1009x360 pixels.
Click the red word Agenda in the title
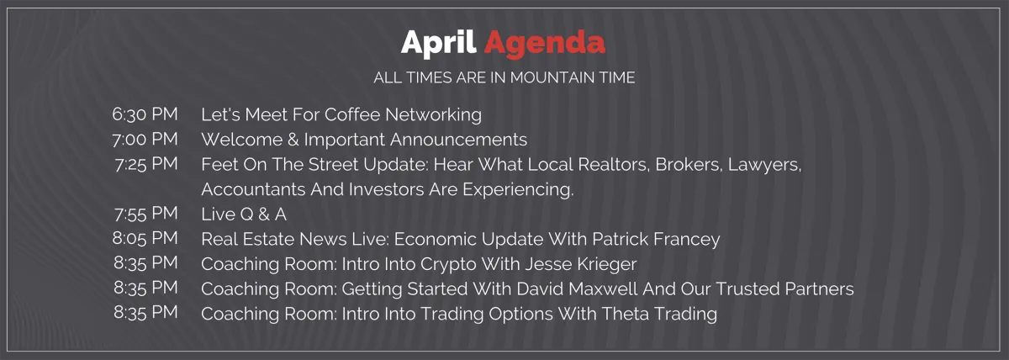[545, 44]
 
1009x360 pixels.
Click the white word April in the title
[438, 44]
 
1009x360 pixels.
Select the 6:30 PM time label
[145, 114]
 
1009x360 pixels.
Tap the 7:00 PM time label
[145, 140]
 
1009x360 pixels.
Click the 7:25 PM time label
[146, 164]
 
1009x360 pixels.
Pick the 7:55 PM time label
[146, 214]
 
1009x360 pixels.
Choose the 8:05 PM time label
[145, 238]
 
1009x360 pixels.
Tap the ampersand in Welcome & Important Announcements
[293, 140]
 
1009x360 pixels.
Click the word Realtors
[614, 165]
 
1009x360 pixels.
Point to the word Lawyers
[764, 166]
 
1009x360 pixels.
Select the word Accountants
[253, 189]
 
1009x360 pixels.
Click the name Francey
[686, 240]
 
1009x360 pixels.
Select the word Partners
[819, 289]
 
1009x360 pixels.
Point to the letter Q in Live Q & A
[247, 214]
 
